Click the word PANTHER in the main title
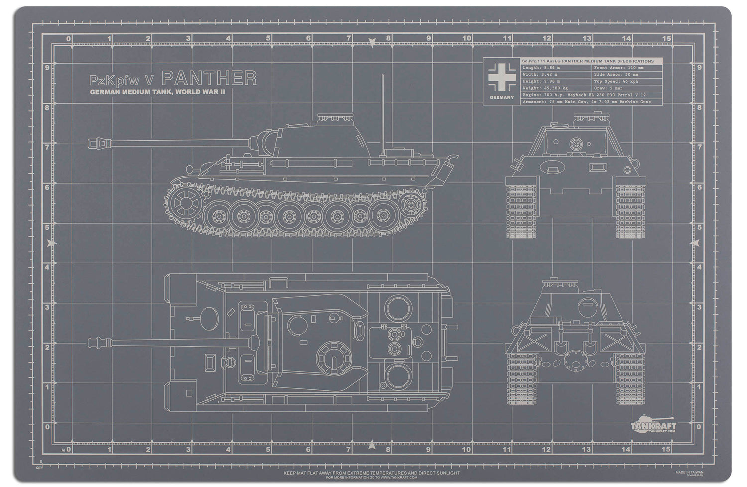[209, 78]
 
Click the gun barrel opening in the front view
[577, 145]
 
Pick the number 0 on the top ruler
[68, 38]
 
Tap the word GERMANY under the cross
[501, 97]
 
